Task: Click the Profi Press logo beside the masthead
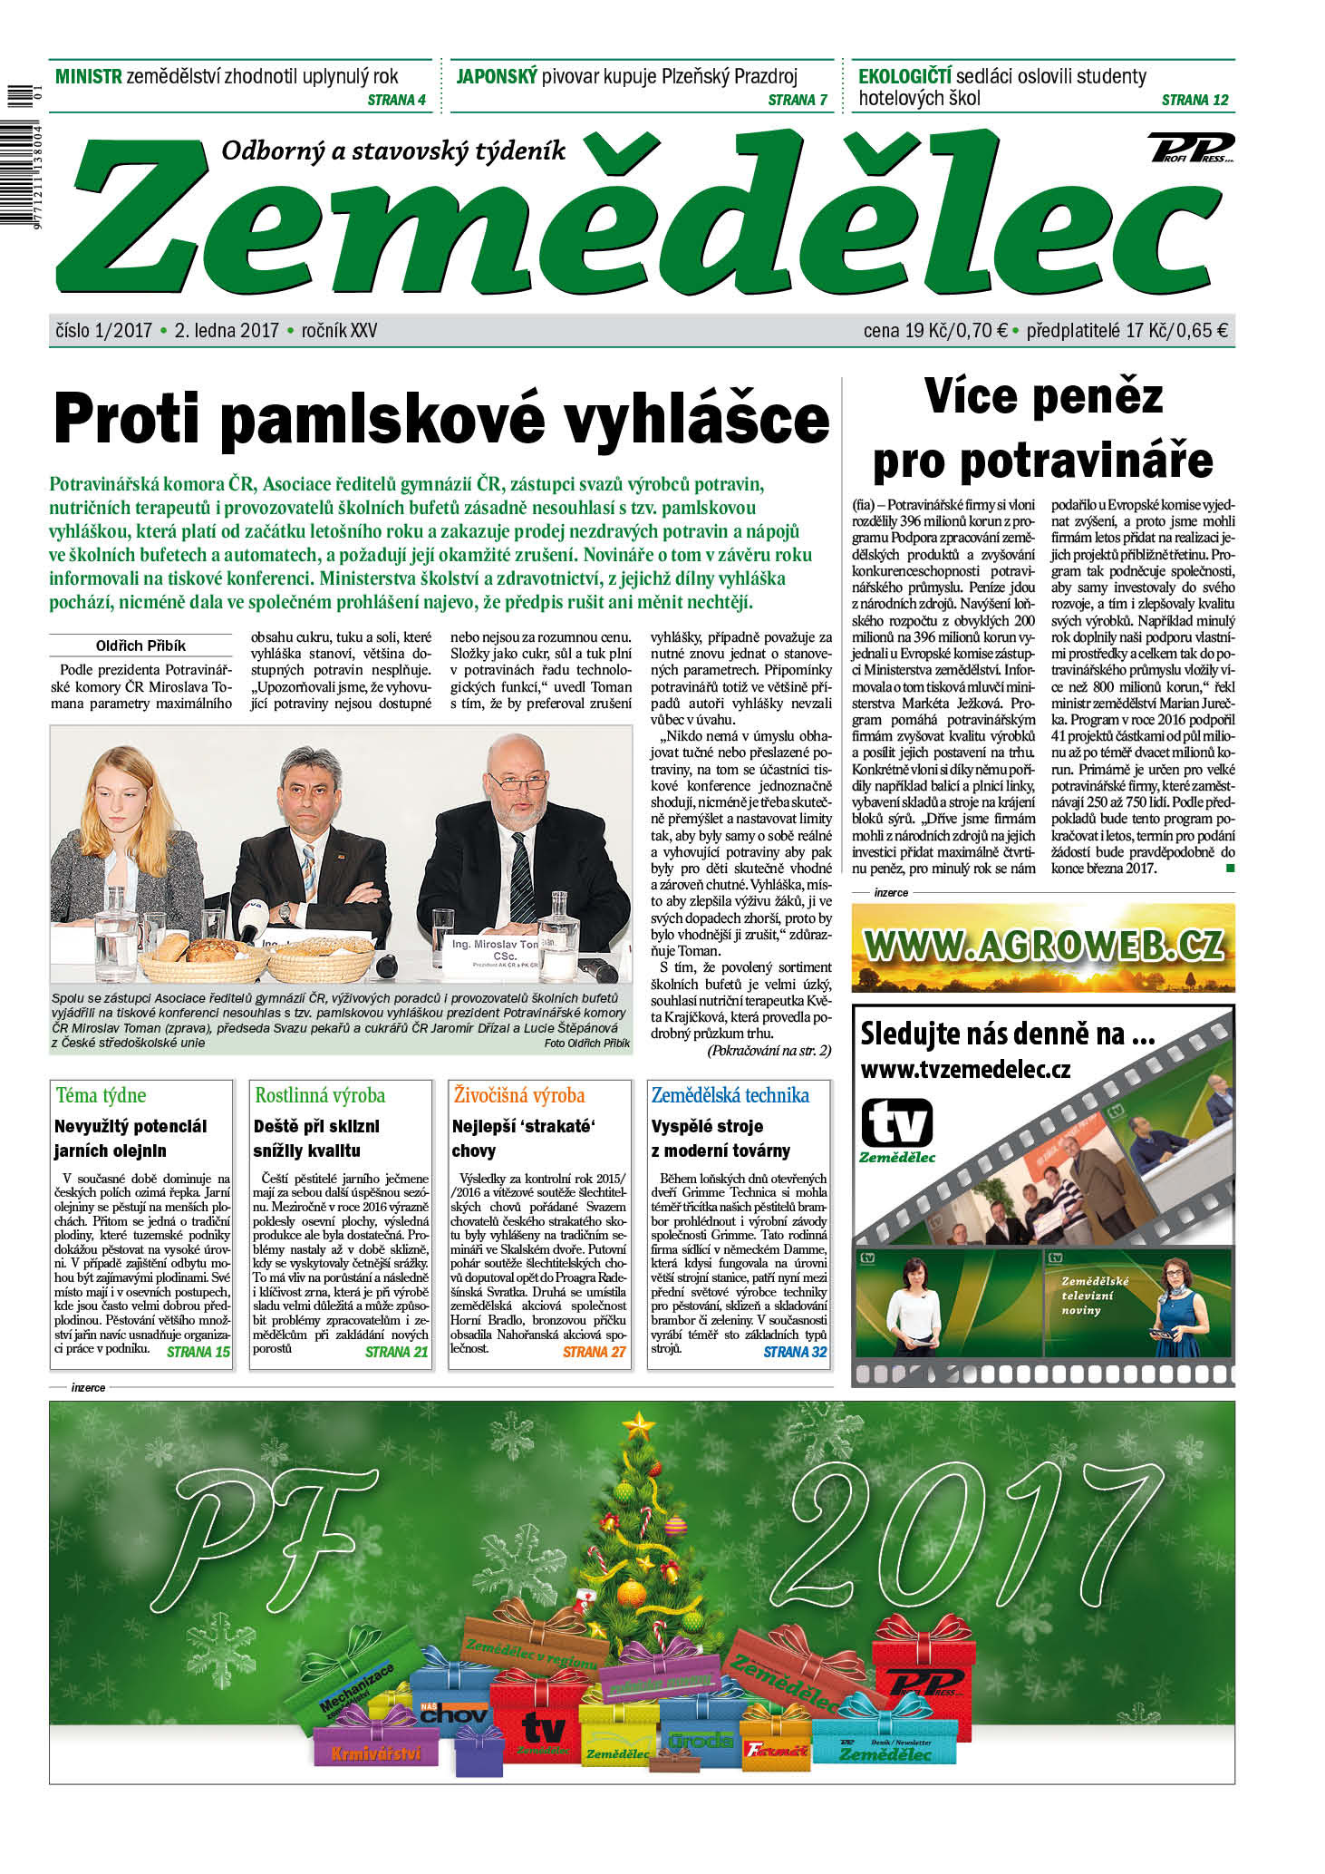pos(1190,147)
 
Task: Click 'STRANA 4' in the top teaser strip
pos(396,100)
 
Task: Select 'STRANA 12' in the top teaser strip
pos(1194,100)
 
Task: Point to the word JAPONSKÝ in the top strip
pos(497,76)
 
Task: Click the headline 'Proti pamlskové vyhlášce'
pos(441,419)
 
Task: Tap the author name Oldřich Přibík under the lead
pos(140,646)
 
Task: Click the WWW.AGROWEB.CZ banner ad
pos(1043,947)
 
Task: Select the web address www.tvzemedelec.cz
pos(965,1070)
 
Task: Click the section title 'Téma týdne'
pos(101,1095)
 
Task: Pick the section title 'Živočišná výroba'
pos(519,1095)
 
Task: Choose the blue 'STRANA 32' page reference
pos(795,1352)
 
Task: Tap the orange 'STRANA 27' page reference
pos(594,1352)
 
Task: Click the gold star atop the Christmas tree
pos(640,1422)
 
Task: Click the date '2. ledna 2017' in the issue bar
pos(227,331)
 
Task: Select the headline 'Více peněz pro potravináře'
pos(1043,429)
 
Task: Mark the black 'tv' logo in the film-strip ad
pos(896,1124)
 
